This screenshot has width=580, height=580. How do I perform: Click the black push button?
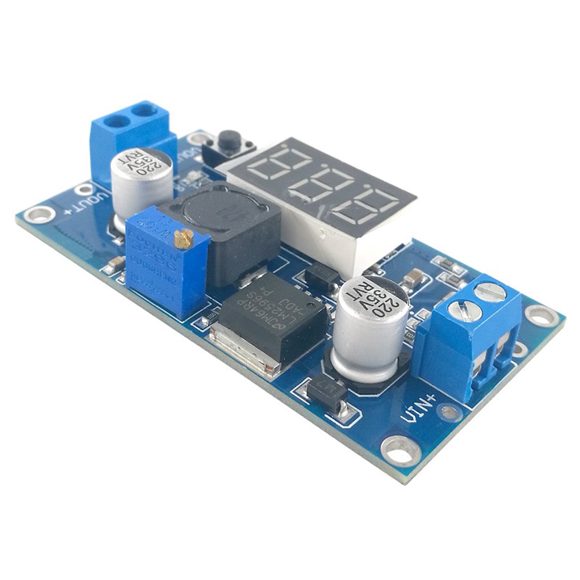click(230, 139)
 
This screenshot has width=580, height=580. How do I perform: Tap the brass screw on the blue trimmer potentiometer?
click(185, 236)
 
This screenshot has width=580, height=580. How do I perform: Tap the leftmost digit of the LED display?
click(274, 164)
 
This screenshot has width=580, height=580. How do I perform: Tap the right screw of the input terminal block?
click(490, 291)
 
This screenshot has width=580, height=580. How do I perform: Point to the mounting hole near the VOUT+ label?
click(38, 214)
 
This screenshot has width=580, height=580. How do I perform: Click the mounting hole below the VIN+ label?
click(400, 450)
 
